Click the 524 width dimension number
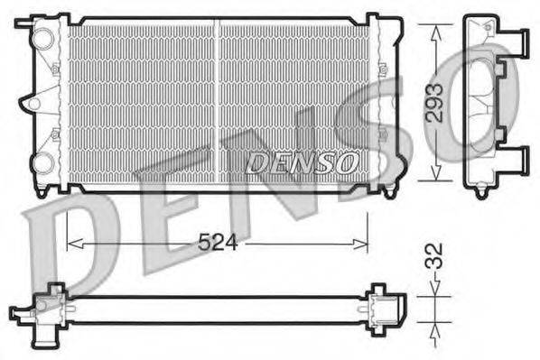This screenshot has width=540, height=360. pos(216,242)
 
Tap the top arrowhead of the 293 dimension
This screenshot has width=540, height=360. pos(435,29)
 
